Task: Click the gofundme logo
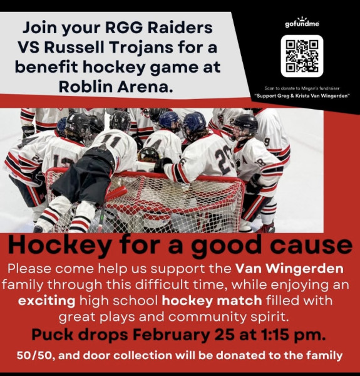302,23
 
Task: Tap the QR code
302,56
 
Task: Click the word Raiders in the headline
180,28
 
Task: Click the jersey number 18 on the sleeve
260,162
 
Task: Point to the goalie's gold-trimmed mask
148,155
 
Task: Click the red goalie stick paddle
116,194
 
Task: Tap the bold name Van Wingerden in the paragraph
289,269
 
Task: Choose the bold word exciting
47,301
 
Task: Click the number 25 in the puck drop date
225,334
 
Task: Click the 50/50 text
34,355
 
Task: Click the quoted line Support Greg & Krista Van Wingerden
302,97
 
